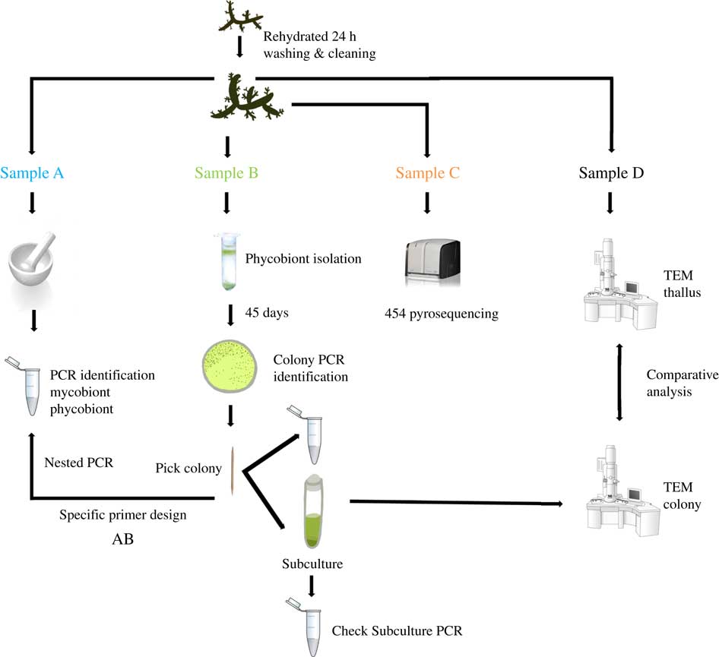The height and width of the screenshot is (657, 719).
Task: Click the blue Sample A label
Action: (32, 172)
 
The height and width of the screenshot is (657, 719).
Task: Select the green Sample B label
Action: (226, 172)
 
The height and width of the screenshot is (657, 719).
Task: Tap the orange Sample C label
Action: (428, 172)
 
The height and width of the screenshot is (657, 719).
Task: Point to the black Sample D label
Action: (611, 172)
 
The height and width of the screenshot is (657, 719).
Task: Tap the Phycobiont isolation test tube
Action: (227, 262)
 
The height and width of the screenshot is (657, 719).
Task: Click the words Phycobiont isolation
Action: (303, 259)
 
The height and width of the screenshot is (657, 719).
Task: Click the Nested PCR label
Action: (79, 462)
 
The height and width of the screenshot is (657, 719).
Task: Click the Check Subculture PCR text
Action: (397, 630)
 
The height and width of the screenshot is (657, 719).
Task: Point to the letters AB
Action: (122, 542)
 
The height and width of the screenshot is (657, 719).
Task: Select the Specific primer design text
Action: (122, 515)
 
